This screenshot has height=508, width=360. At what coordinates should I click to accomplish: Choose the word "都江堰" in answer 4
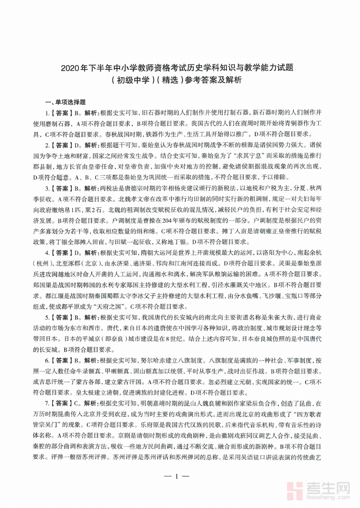54,296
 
